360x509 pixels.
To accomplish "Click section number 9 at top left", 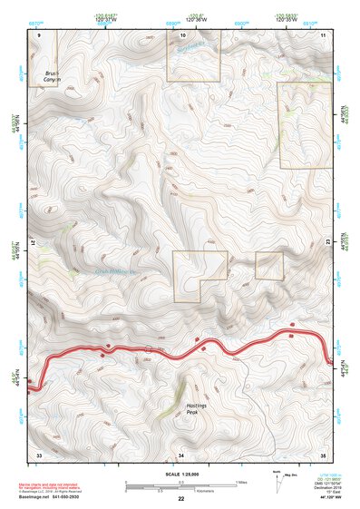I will [x=39, y=34].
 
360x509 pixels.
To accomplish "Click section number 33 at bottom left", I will [x=39, y=453].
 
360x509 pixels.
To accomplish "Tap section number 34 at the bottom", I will [x=180, y=453].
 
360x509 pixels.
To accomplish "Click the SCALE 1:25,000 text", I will [x=180, y=474].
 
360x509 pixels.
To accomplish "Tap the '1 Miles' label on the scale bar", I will [x=241, y=481].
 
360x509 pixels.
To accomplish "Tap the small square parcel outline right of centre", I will [x=269, y=266].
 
